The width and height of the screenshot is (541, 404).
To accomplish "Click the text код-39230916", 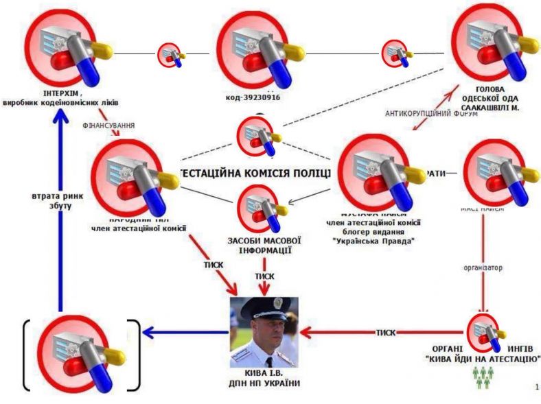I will click(x=253, y=97).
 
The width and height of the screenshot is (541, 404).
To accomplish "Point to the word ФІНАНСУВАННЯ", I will click(x=108, y=126).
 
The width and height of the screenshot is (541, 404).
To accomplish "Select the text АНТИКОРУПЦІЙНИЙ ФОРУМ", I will click(x=431, y=114).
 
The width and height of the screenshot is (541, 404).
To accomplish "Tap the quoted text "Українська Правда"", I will click(x=374, y=240).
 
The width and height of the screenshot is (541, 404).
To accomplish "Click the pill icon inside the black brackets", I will click(x=81, y=355).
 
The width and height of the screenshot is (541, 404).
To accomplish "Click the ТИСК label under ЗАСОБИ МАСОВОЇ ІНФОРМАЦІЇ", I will click(x=265, y=276).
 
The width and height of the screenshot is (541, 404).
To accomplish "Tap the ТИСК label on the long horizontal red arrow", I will click(x=386, y=333).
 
